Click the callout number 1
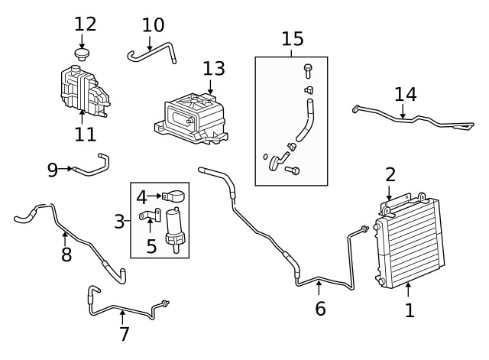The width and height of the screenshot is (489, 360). tap(409, 310)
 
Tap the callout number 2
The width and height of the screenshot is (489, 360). tap(390, 174)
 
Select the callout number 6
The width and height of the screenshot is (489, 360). tap(320, 309)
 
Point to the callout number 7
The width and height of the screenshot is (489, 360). tap(124, 333)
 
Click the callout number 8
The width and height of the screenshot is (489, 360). tap(66, 255)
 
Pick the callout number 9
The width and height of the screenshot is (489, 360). tap(52, 169)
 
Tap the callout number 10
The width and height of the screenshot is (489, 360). tap(153, 24)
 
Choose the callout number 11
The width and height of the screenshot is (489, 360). tap(86, 135)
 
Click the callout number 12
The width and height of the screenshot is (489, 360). tap(86, 23)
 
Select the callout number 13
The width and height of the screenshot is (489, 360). tap(214, 68)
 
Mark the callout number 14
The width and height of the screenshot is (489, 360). tap(406, 94)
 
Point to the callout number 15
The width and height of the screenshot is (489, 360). tap(292, 37)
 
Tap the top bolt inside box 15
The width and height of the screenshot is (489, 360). tap(307, 70)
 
